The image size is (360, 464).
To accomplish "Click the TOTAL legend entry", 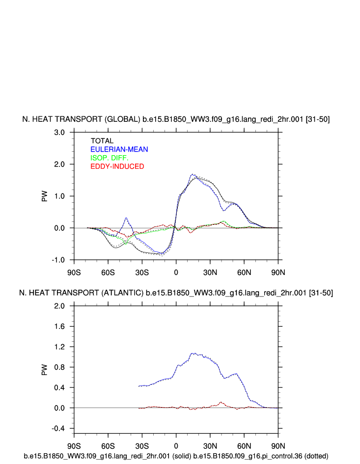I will (102, 141).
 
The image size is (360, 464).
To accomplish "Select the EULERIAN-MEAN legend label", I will (119, 149).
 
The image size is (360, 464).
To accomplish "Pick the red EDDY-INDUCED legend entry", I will (117, 166).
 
